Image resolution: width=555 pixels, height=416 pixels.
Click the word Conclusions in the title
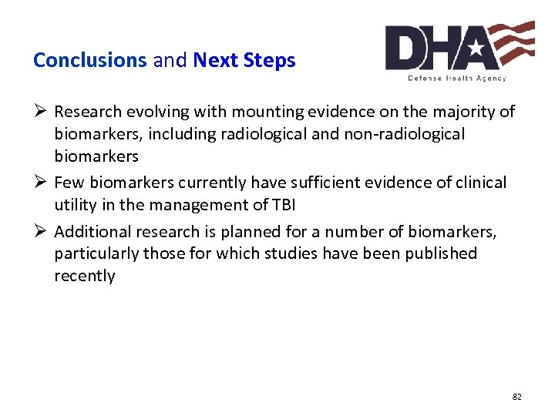pyautogui.click(x=89, y=60)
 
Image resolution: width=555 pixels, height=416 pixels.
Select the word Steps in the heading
pyautogui.click(x=271, y=60)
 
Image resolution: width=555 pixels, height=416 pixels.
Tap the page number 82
pyautogui.click(x=516, y=397)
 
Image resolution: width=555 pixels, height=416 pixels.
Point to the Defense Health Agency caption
pyautogui.click(x=457, y=78)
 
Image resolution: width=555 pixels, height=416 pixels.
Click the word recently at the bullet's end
pyautogui.click(x=85, y=276)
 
